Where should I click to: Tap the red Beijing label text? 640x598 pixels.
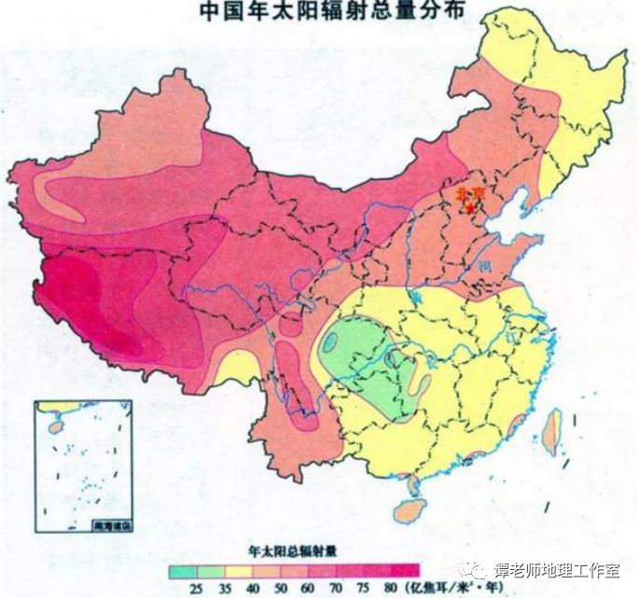[469, 194]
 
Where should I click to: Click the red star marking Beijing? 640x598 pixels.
[472, 208]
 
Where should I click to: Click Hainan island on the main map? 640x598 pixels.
[409, 508]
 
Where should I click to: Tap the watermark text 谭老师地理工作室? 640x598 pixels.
[563, 569]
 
